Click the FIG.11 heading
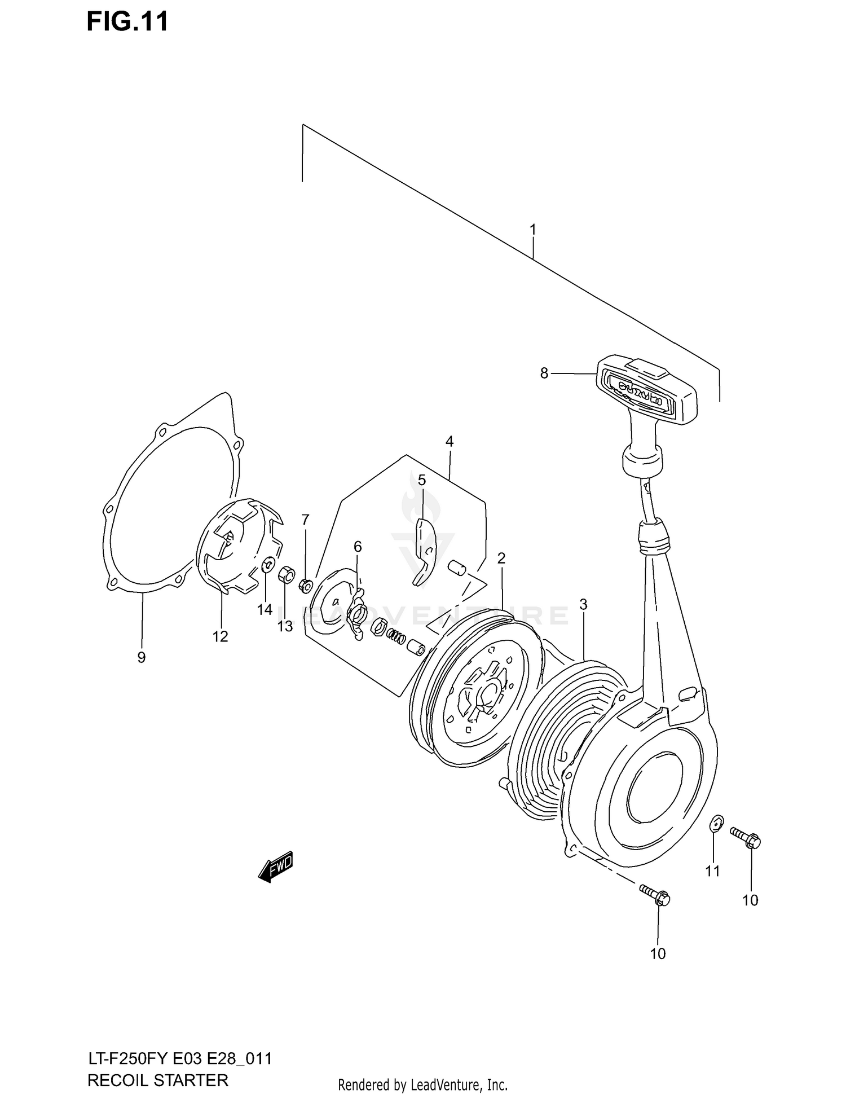click(x=127, y=21)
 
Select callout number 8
click(x=544, y=373)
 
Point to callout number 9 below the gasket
click(x=141, y=657)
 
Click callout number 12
click(x=220, y=636)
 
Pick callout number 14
click(x=265, y=610)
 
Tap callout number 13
click(x=285, y=626)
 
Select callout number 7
click(x=305, y=519)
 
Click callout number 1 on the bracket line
click(x=532, y=230)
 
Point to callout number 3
click(x=583, y=604)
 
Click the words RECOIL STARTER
click(x=158, y=1080)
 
